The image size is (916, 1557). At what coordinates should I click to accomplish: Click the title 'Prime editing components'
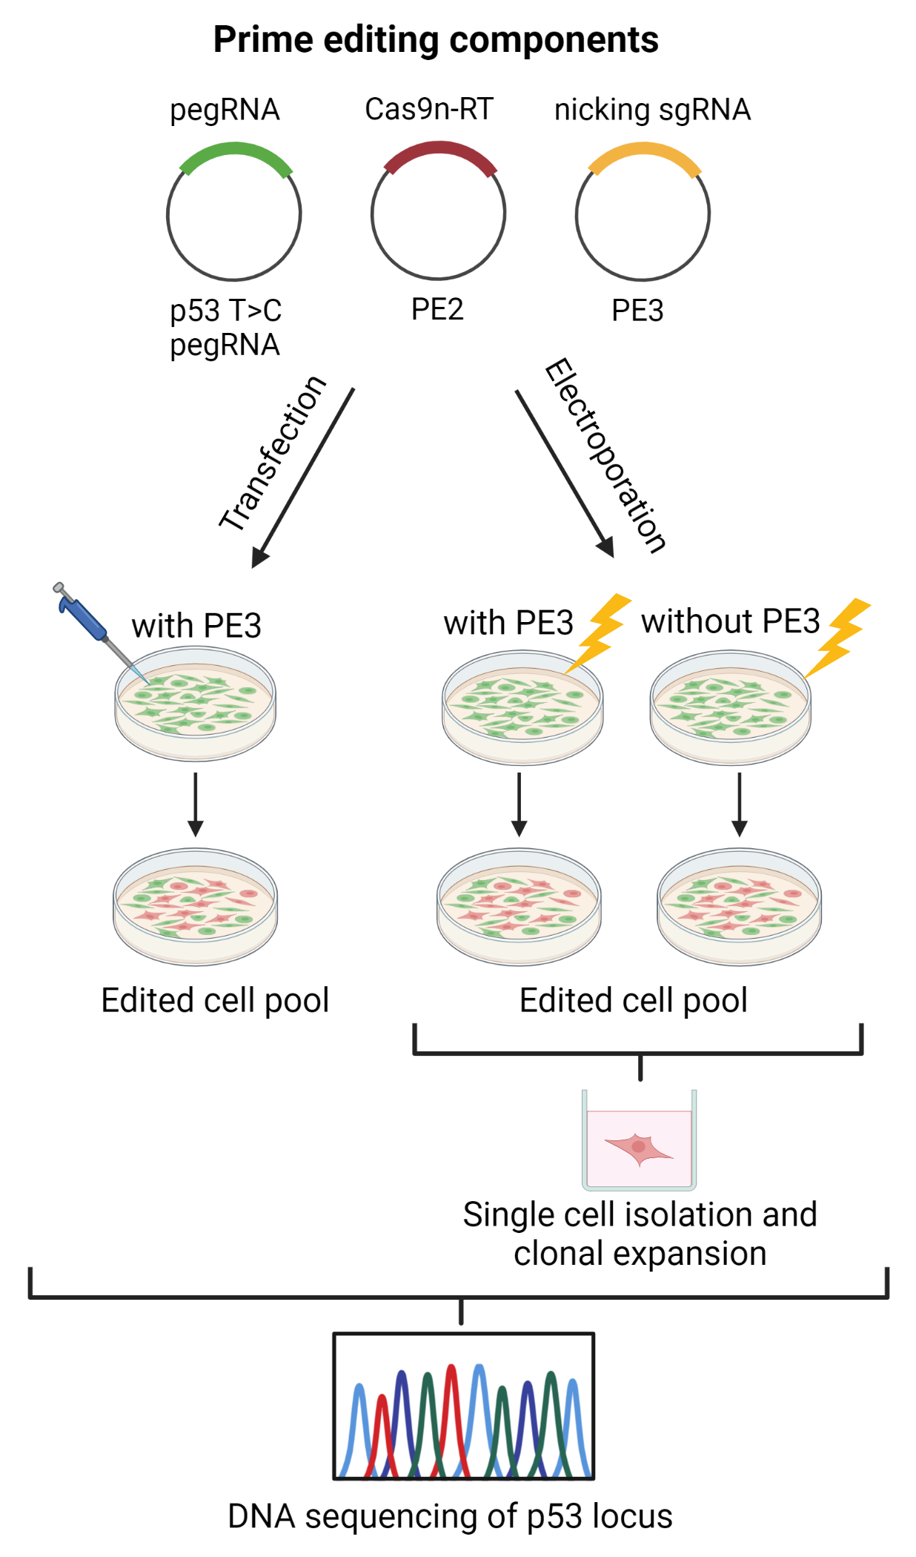pos(436,39)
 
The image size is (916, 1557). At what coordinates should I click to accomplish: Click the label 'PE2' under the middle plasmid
pos(437,309)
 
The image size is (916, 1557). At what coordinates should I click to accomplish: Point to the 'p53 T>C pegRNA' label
pos(225,328)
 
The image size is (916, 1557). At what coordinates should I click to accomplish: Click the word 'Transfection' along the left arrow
pos(273,454)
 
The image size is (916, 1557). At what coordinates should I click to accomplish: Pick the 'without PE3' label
pos(730,621)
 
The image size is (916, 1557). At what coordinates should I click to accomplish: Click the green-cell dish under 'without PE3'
pos(730,708)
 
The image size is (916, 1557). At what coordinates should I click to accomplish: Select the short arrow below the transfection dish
pos(196,804)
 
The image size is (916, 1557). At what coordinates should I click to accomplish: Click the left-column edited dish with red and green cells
pos(196,907)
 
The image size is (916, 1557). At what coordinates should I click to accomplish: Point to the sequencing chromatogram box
pos(464,1406)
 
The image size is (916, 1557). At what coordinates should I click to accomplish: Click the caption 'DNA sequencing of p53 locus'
pos(450,1516)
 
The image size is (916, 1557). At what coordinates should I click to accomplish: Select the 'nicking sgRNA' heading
pos(652,110)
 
